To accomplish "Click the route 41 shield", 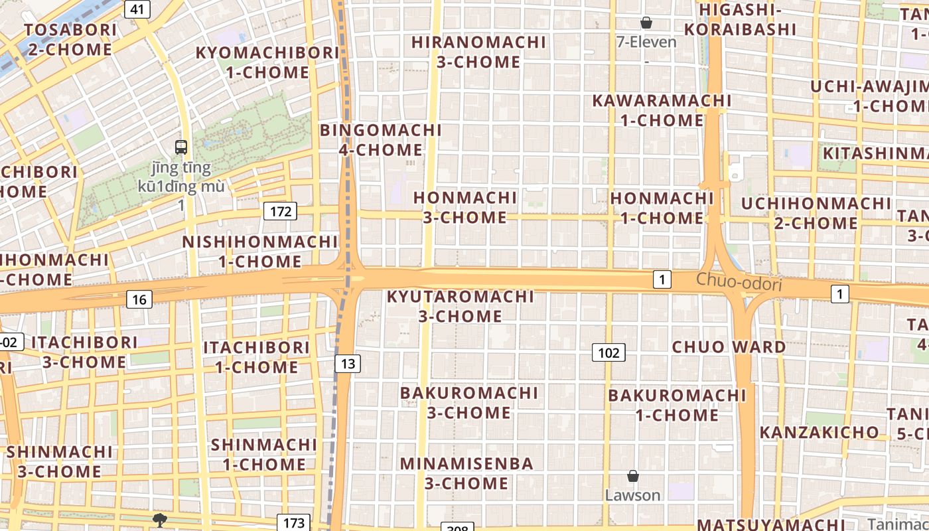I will point(137,9).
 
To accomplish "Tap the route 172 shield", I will point(281,211).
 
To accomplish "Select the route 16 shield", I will point(139,299).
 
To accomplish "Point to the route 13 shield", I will point(348,363).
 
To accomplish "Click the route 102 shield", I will point(608,352).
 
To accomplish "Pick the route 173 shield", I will point(293,522).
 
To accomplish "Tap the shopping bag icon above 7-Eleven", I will point(646,23).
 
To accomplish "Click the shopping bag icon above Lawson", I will point(633,476).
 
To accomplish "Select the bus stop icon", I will point(181,147).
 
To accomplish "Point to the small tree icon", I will point(159,520).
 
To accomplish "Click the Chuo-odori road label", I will point(739,282).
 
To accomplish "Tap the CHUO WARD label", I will point(729,346).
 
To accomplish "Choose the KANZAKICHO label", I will point(819,432).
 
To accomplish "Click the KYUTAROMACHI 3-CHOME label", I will point(461,306).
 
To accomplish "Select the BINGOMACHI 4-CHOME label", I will point(380,139).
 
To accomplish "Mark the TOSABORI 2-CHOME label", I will point(70,39).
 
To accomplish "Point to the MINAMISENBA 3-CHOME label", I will point(466,473).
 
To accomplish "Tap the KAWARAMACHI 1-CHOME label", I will point(662,110).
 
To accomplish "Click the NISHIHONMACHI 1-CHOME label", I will point(260,251).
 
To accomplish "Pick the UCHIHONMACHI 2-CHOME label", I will point(816,212).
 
